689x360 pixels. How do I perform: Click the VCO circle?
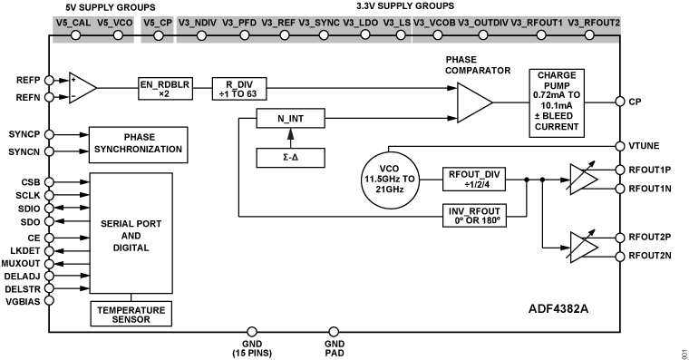pos(390,180)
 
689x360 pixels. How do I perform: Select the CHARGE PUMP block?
pos(556,102)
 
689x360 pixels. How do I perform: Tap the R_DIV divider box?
pos(239,88)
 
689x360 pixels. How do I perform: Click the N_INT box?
pos(290,119)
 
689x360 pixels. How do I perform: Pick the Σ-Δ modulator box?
pos(290,158)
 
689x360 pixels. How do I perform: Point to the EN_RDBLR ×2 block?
pos(164,88)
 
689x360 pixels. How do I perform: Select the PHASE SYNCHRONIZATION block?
pos(139,144)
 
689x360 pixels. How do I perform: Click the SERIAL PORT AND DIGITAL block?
pos(131,234)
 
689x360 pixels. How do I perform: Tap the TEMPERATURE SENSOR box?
pos(131,314)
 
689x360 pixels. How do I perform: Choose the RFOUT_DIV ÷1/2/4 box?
pos(474,179)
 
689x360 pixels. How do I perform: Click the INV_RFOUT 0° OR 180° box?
pos(474,215)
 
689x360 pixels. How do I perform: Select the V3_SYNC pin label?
pos(317,21)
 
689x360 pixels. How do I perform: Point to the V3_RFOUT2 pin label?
pos(594,21)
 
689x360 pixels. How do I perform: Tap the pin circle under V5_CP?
pos(156,35)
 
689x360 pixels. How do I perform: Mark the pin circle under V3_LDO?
pos(364,35)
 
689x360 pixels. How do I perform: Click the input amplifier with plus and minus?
pos(82,87)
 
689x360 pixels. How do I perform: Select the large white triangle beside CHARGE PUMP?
pos(472,102)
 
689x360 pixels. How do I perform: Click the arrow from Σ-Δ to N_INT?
pos(290,138)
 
